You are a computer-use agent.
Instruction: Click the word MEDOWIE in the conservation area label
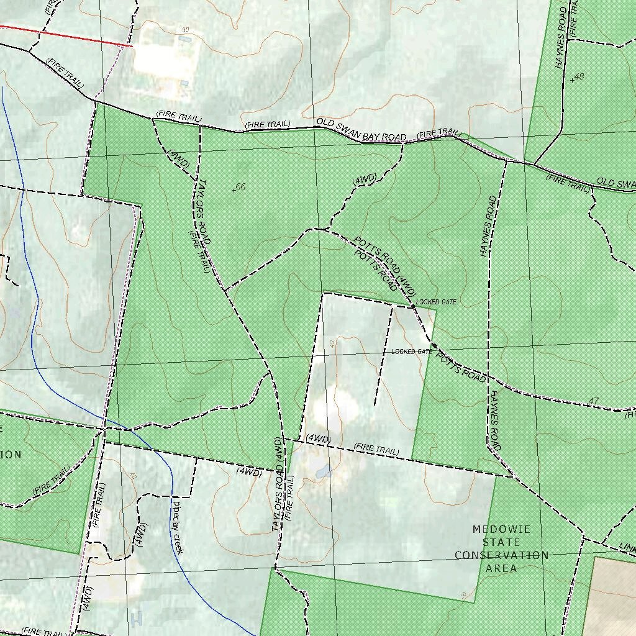(x=501, y=529)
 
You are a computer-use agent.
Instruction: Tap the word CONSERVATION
(x=502, y=555)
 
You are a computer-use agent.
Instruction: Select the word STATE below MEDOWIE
(x=501, y=542)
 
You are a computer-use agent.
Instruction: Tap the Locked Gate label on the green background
(x=436, y=302)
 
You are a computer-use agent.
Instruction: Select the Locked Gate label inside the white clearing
(x=411, y=352)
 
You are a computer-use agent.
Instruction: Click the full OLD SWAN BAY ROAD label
(x=361, y=129)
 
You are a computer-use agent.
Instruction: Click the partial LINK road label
(x=627, y=548)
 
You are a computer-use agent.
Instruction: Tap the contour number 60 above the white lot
(x=185, y=30)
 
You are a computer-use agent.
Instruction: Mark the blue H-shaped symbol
(x=137, y=617)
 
